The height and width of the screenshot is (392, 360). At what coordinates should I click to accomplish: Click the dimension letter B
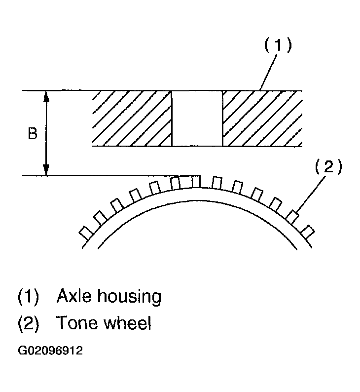click(32, 134)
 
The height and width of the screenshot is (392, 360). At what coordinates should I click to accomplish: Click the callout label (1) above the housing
click(277, 45)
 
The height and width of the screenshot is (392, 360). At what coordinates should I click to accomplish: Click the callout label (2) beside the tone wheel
click(328, 167)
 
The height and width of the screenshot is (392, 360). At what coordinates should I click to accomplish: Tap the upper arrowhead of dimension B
click(46, 96)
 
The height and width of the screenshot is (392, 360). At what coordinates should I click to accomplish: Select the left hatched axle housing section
click(131, 118)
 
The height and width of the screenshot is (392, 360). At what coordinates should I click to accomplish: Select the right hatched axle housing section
click(262, 118)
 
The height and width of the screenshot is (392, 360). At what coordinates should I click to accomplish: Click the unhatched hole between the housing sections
click(197, 118)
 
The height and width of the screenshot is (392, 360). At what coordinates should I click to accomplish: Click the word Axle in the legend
click(72, 297)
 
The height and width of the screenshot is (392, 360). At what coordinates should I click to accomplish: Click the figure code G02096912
click(50, 352)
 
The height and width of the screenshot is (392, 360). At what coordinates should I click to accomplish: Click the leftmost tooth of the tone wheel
click(85, 232)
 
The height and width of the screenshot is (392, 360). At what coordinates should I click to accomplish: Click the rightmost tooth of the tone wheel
click(308, 231)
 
